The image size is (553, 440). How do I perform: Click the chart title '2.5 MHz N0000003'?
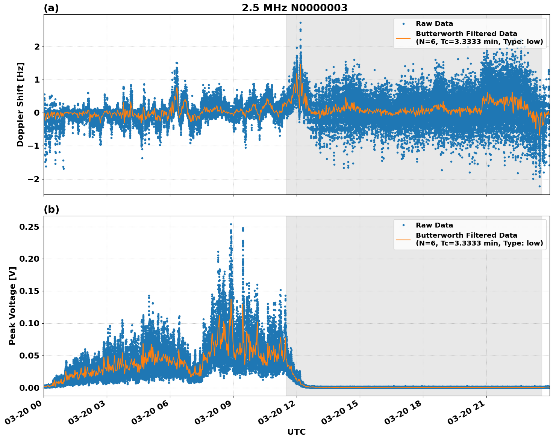294,8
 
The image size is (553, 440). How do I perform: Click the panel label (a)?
51,8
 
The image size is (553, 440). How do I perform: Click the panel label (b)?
51,209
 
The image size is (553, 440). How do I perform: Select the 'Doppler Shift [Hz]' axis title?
20,104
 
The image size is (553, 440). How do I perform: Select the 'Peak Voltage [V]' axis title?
12,306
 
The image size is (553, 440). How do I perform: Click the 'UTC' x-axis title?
296,432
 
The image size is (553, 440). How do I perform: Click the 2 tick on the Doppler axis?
37,47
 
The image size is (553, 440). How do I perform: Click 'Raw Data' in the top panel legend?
434,24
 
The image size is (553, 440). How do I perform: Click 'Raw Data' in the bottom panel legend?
434,225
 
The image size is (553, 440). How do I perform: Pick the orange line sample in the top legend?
403,38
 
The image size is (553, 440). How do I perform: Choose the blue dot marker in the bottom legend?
403,225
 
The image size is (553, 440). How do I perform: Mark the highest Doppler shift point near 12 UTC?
300,23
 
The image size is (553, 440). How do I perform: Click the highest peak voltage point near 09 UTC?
231,224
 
